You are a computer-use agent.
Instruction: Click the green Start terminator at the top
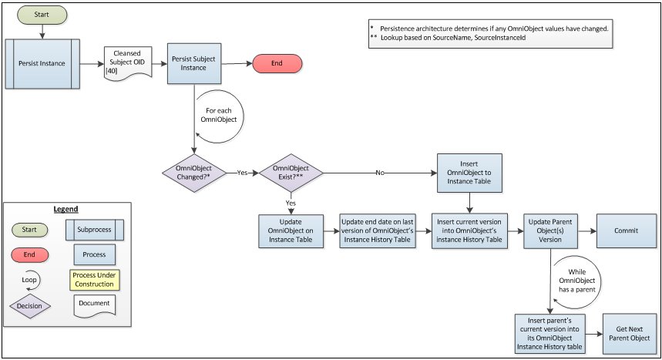42,15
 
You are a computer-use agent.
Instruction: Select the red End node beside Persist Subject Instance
277,63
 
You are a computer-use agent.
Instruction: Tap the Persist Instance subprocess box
42,64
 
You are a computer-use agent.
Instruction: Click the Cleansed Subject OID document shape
128,63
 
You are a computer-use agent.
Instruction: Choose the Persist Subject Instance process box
194,63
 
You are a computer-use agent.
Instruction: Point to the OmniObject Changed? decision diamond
194,173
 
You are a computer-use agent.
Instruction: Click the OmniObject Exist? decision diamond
291,173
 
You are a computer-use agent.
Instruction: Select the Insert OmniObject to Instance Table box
469,173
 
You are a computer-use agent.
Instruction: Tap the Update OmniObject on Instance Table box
291,230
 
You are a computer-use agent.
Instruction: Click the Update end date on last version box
378,230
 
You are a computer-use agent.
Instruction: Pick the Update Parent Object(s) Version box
550,230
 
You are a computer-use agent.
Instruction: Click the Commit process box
626,230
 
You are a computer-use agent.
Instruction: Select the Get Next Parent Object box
630,334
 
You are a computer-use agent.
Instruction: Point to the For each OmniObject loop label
219,115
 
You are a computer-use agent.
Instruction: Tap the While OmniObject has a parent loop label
577,281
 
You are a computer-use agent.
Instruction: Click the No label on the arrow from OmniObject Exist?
380,173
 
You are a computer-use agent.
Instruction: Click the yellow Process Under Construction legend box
95,280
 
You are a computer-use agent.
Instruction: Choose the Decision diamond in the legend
29,306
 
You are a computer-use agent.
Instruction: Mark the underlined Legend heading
66,209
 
